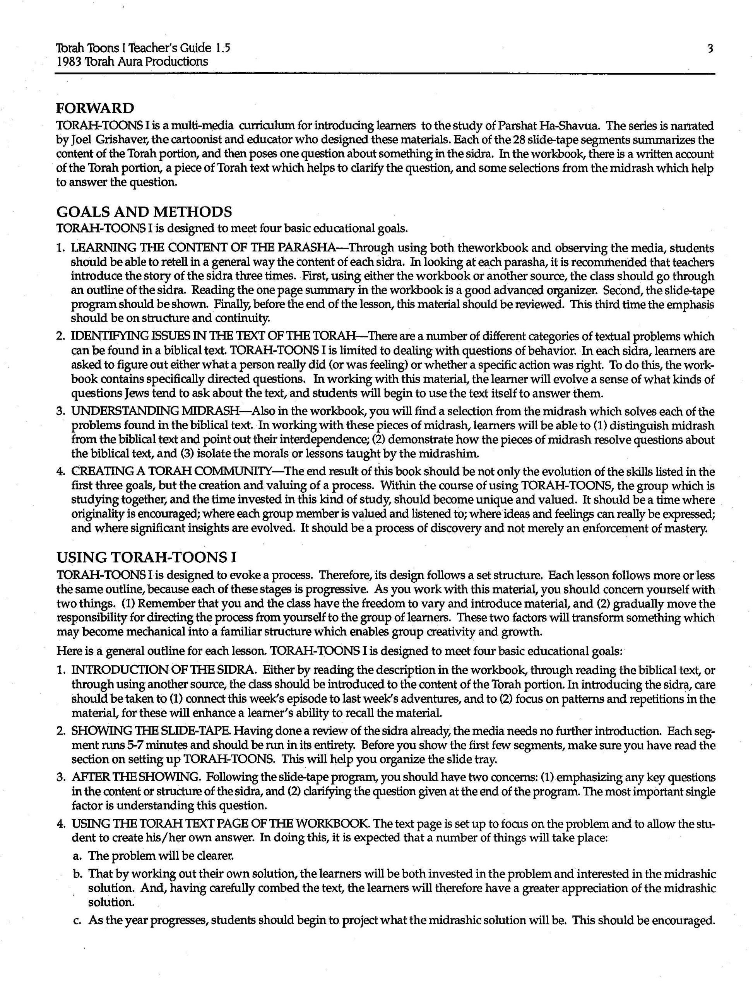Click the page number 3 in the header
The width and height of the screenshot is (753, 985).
710,48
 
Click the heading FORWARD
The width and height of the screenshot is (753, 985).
95,108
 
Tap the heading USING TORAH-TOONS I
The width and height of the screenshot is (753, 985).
147,557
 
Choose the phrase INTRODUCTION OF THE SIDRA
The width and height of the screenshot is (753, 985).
164,670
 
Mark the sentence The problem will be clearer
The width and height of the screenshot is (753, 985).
161,855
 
